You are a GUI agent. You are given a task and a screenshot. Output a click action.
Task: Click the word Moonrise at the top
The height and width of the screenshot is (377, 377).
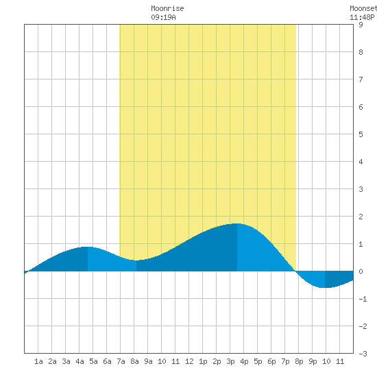[x=167, y=8]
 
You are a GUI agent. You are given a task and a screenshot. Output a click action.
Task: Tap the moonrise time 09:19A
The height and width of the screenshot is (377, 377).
[x=164, y=17]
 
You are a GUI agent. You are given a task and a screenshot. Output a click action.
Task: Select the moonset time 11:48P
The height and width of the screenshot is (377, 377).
[x=362, y=17]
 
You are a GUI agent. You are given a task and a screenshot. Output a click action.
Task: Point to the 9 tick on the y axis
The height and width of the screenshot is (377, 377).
[x=361, y=25]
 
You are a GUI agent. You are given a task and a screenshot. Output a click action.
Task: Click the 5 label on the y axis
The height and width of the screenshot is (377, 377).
[x=361, y=134]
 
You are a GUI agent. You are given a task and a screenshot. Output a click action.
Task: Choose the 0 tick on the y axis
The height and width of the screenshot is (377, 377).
[x=361, y=271]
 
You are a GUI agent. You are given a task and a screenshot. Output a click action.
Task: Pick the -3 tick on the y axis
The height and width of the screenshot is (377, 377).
[x=363, y=354]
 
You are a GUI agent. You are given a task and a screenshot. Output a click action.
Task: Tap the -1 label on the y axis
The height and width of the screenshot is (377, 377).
[x=363, y=299]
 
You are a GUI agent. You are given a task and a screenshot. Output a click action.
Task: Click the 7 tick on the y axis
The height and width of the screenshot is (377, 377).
[x=361, y=80]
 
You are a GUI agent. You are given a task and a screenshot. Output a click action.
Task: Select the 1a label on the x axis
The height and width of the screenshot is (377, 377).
[x=38, y=361]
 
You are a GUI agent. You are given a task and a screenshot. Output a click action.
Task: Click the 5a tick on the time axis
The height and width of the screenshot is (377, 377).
[x=93, y=361]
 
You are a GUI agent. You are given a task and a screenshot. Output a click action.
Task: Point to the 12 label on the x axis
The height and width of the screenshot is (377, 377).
[x=189, y=361]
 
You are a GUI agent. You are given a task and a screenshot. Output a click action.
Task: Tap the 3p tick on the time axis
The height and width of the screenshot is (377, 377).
[x=230, y=361]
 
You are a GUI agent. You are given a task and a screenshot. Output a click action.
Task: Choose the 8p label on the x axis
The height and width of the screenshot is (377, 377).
[x=299, y=361]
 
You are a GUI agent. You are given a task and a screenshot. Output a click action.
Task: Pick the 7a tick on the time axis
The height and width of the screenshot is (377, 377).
[x=121, y=361]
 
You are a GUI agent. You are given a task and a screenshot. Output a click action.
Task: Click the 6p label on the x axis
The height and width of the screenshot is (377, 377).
[x=271, y=361]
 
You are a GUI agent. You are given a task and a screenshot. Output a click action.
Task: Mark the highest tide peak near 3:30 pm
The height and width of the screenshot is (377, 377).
[x=237, y=223]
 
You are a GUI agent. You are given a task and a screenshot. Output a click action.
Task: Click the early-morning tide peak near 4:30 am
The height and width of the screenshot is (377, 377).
[x=88, y=247]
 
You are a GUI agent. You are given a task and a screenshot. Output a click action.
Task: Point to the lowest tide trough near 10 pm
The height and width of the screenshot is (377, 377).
[x=325, y=287]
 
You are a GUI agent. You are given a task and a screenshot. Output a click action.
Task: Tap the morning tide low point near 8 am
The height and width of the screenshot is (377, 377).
[x=136, y=260]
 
